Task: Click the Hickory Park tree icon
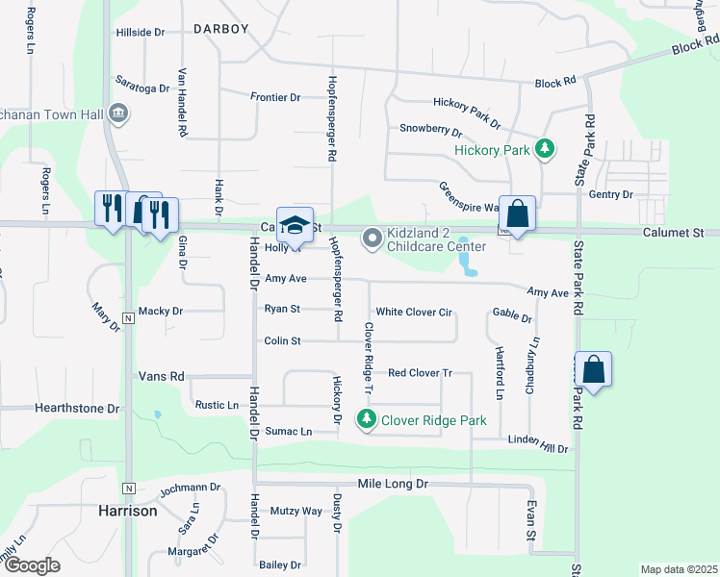tap(546, 149)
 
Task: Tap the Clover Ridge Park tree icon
tap(366, 419)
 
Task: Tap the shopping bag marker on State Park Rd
tap(594, 369)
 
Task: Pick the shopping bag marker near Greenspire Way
tap(517, 215)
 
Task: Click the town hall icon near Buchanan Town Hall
tap(118, 113)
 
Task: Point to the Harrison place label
tap(128, 511)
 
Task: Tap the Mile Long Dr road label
tap(392, 484)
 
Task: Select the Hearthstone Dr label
tap(77, 408)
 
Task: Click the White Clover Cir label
tap(414, 312)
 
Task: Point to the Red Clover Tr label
tap(420, 372)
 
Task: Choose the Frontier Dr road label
tap(275, 97)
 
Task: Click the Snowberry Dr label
tap(431, 128)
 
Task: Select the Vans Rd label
tap(161, 376)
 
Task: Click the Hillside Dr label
tap(141, 32)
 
